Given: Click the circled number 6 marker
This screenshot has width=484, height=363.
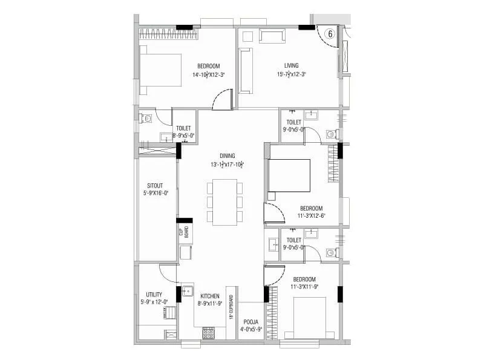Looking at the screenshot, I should [x=330, y=34].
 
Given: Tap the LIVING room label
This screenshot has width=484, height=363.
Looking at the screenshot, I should [x=295, y=66].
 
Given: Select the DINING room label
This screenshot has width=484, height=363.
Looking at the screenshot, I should [x=227, y=155].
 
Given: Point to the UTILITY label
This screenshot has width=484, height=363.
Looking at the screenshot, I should [x=154, y=295].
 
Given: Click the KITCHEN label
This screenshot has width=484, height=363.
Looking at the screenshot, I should [x=210, y=296].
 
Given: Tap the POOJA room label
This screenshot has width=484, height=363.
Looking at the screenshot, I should [x=251, y=321].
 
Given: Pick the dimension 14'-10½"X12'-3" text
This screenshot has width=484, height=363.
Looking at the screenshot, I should [x=208, y=75].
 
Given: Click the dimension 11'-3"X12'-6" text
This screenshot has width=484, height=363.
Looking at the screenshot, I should [x=312, y=215].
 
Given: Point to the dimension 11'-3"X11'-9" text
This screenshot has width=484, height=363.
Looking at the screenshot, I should [x=304, y=287].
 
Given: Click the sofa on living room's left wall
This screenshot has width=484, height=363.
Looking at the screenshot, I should [x=246, y=71].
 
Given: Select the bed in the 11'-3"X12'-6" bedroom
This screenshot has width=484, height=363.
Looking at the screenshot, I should [x=289, y=176].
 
